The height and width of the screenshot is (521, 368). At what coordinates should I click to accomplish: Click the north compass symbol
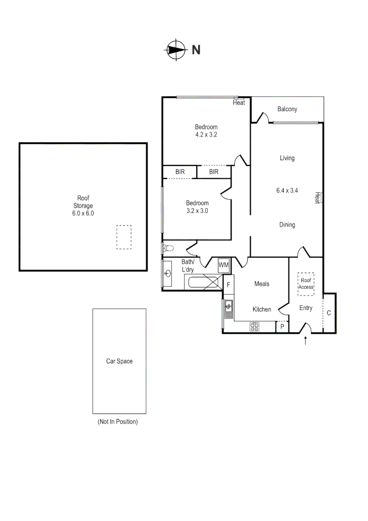pyautogui.click(x=177, y=49)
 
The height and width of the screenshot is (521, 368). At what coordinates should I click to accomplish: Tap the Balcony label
pyautogui.click(x=287, y=109)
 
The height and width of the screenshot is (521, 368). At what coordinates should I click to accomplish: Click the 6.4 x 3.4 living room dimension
pyautogui.click(x=287, y=191)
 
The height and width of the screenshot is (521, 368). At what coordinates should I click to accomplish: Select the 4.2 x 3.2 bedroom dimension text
pyautogui.click(x=206, y=135)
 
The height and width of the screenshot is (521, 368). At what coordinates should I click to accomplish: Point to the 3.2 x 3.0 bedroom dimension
pyautogui.click(x=197, y=210)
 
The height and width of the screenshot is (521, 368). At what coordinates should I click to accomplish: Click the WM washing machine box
pyautogui.click(x=224, y=265)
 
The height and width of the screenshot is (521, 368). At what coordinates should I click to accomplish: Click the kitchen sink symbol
pyautogui.click(x=228, y=305)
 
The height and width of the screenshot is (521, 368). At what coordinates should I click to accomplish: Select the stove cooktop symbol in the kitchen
pyautogui.click(x=254, y=327)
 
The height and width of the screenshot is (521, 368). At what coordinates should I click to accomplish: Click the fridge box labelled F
pyautogui.click(x=228, y=285)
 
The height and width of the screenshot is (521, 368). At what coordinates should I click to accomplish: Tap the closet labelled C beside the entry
pyautogui.click(x=329, y=313)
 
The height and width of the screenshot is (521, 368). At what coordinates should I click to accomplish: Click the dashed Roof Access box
pyautogui.click(x=306, y=284)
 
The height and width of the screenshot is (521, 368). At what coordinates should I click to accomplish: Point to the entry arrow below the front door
pyautogui.click(x=306, y=341)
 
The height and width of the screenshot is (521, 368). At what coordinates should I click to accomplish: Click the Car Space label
pyautogui.click(x=119, y=361)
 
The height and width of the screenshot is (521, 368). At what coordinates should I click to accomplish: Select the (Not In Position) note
pyautogui.click(x=118, y=422)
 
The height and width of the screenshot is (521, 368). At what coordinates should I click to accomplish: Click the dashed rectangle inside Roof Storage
pyautogui.click(x=124, y=237)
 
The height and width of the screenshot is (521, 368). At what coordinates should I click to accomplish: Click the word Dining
pyautogui.click(x=287, y=225)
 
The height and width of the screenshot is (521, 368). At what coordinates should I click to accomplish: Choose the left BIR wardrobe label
pyautogui.click(x=180, y=172)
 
